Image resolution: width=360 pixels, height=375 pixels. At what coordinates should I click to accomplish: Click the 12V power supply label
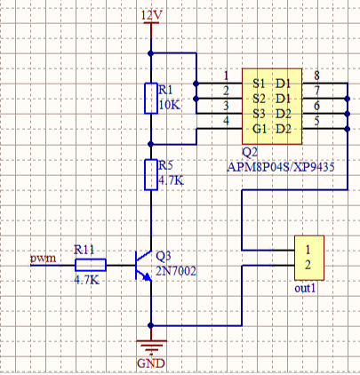pos(151,15)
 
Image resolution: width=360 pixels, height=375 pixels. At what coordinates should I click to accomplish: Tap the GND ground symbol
pos(151,347)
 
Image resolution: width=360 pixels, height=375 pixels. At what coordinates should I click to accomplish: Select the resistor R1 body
pos(151,99)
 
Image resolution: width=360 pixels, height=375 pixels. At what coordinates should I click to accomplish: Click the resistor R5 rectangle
pos(151,175)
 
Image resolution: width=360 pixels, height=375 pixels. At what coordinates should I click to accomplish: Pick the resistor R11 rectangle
pos(91,265)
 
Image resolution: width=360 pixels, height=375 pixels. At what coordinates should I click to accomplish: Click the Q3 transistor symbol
pos(144,266)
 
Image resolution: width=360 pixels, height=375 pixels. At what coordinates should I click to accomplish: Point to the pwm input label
pos(43,259)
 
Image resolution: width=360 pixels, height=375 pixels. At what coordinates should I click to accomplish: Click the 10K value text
pos(170,105)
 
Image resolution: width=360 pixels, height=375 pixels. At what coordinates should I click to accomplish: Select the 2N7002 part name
pos(176,271)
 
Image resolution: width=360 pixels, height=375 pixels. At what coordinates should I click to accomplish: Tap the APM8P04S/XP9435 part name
pos(281,167)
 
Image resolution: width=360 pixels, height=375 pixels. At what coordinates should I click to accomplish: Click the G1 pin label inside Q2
pos(260,129)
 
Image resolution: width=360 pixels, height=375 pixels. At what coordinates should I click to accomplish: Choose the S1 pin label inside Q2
pos(259,84)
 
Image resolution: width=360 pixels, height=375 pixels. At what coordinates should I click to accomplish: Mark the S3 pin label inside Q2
pos(259,114)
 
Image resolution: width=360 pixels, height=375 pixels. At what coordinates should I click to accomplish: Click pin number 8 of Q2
pos(316,76)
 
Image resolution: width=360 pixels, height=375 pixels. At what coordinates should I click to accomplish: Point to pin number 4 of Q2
pos(226,121)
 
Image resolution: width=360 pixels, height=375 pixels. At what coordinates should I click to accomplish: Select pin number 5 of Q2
pos(316,121)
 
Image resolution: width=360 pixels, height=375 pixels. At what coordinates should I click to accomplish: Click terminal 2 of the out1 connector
pos(308,265)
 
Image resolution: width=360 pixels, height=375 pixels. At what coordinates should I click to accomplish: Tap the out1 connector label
pos(305,288)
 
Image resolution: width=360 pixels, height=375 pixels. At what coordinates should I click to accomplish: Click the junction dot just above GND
pos(151,325)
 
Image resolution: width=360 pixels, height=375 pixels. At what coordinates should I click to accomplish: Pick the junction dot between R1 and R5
pos(151,144)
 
